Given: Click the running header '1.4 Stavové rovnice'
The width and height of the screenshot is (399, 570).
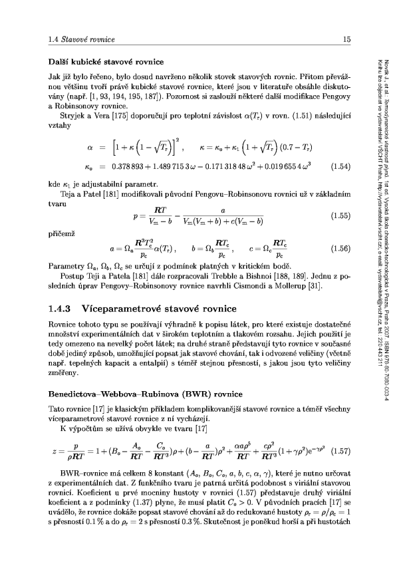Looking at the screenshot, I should coord(70,41).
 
